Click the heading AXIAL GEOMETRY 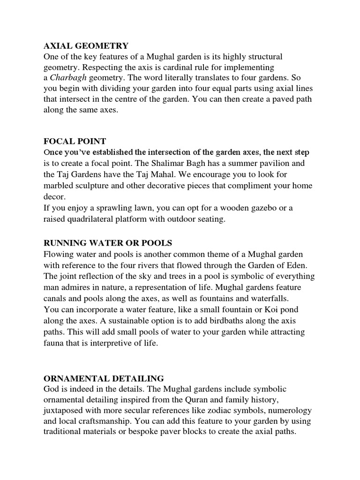click(86, 46)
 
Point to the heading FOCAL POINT click(75, 142)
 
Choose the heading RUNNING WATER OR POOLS click(108, 243)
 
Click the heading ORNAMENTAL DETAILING click(104, 378)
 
